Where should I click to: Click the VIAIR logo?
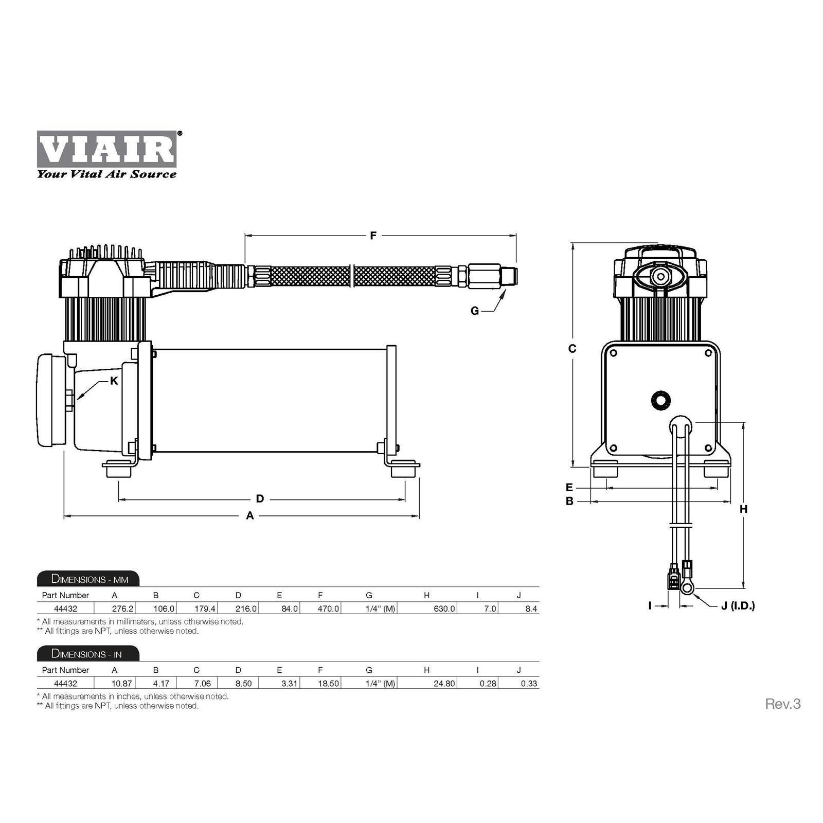[106, 149]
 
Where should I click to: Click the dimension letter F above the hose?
[373, 236]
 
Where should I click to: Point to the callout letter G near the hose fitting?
[474, 311]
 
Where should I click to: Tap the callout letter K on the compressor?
[114, 381]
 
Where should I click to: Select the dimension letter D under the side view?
[260, 498]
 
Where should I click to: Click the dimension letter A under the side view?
[250, 515]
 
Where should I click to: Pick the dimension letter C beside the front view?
[572, 348]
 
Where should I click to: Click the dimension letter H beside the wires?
[743, 509]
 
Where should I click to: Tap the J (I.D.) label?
[738, 606]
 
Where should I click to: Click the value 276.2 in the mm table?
[122, 609]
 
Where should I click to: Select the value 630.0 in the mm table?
[444, 609]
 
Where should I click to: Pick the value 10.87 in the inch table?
[121, 684]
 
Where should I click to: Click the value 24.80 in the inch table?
[444, 684]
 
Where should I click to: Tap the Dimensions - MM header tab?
[88, 579]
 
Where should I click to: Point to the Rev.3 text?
[782, 704]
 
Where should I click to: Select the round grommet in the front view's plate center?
[660, 400]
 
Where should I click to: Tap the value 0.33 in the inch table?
[529, 684]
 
